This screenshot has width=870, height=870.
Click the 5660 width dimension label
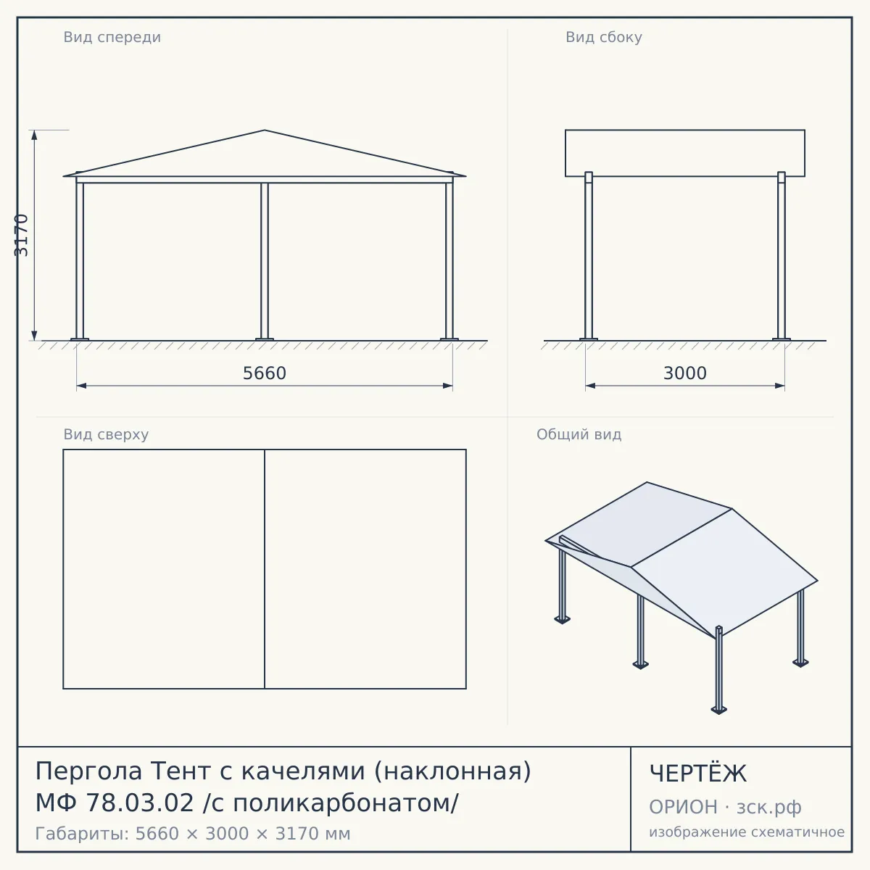265,373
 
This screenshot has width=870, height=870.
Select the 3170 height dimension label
22,235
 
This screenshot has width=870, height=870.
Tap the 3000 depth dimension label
685,373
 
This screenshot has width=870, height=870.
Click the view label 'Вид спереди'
112,37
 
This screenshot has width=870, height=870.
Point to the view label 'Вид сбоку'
604,37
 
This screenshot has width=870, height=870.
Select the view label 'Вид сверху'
106,434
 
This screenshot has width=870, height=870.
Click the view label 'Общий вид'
579,434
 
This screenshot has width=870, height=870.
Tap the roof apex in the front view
265,130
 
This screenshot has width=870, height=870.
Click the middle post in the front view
265,261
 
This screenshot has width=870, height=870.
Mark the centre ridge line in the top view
265,569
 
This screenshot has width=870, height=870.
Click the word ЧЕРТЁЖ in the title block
698,774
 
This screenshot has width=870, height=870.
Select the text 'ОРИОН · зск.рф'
725,807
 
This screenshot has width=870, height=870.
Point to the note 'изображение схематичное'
747,832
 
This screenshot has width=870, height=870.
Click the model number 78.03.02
140,803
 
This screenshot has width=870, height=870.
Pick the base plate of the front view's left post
80,339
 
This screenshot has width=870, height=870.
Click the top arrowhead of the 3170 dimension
34,135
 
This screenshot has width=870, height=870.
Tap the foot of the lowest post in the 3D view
718,710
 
